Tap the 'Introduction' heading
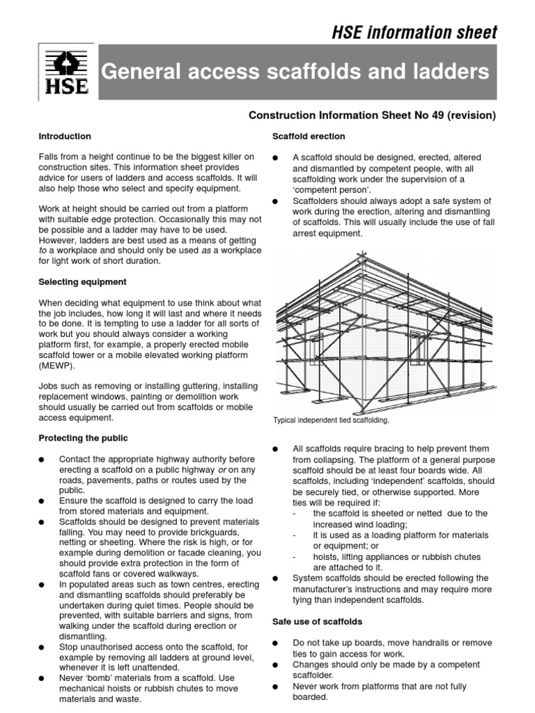click(65, 136)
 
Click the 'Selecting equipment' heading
click(82, 282)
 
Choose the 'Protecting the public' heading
click(84, 438)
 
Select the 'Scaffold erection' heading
click(299, 136)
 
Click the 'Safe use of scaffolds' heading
click(308, 621)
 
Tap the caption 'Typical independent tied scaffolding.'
click(331, 421)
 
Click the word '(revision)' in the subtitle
click(473, 115)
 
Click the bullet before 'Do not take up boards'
click(276, 643)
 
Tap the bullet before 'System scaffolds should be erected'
click(276, 578)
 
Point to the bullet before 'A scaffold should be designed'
click(276, 158)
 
